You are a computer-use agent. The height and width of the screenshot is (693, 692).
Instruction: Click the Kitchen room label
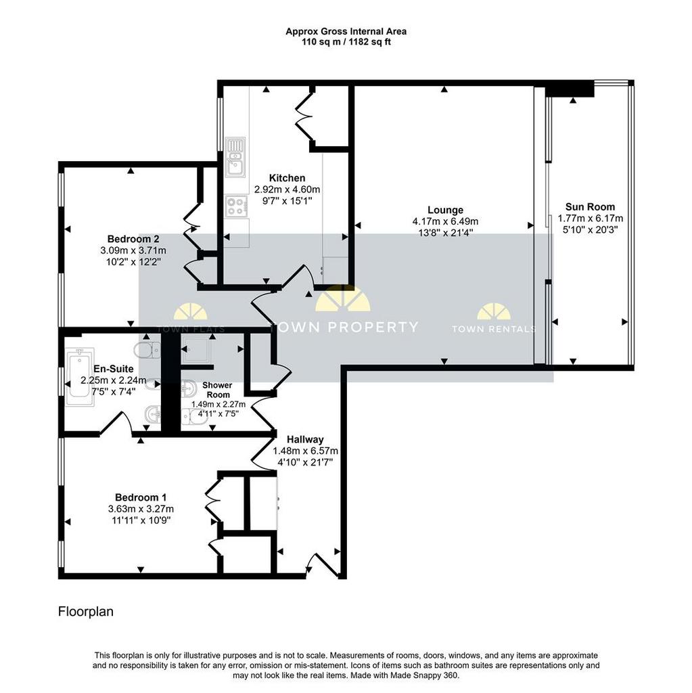click(x=287, y=178)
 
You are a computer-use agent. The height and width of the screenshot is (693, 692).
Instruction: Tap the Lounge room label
click(x=445, y=210)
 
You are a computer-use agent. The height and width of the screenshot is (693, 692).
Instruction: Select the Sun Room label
click(x=590, y=207)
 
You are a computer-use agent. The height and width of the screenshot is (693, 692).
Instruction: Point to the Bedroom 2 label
click(x=133, y=239)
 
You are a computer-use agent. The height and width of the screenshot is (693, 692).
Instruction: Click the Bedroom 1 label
click(x=141, y=497)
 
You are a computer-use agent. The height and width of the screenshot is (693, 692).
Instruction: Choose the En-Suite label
click(x=114, y=369)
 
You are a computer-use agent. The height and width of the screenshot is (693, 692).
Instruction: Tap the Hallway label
click(x=305, y=439)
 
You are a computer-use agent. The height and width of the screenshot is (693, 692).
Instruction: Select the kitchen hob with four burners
click(x=235, y=206)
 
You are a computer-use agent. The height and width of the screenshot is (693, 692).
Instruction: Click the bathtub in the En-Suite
click(x=80, y=377)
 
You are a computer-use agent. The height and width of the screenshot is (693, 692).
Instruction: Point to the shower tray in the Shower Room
click(x=196, y=349)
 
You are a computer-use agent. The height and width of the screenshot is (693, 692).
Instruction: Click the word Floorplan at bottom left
click(x=86, y=612)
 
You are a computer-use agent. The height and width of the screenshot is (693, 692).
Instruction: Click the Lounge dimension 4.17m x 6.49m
click(x=445, y=221)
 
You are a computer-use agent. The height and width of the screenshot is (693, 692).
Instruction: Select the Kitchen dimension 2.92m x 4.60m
click(x=287, y=189)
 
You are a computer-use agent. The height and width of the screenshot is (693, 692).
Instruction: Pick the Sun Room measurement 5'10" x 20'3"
click(x=590, y=230)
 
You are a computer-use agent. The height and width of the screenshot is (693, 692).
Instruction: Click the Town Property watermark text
click(x=344, y=327)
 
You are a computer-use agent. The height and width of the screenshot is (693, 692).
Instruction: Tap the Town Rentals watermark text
click(x=494, y=329)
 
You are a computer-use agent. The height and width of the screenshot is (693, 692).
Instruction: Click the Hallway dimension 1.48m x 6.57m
click(x=305, y=451)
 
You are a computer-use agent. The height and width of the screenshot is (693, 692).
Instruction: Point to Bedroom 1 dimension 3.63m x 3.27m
click(x=141, y=509)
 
